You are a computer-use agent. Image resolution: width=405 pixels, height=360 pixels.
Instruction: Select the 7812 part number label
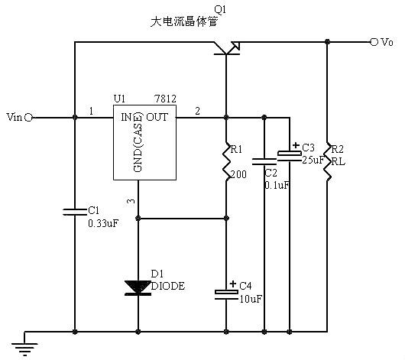[164, 99]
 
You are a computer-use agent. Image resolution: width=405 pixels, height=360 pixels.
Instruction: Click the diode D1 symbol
[138, 287]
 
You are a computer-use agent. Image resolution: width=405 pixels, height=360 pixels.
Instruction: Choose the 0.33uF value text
[104, 223]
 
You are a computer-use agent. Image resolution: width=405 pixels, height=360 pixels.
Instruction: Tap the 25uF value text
[312, 159]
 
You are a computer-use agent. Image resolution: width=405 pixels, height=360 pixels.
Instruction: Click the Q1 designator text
[221, 8]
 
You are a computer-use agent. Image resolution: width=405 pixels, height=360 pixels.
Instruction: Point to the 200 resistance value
[238, 174]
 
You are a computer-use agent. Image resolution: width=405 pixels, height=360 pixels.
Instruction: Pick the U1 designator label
[119, 99]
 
